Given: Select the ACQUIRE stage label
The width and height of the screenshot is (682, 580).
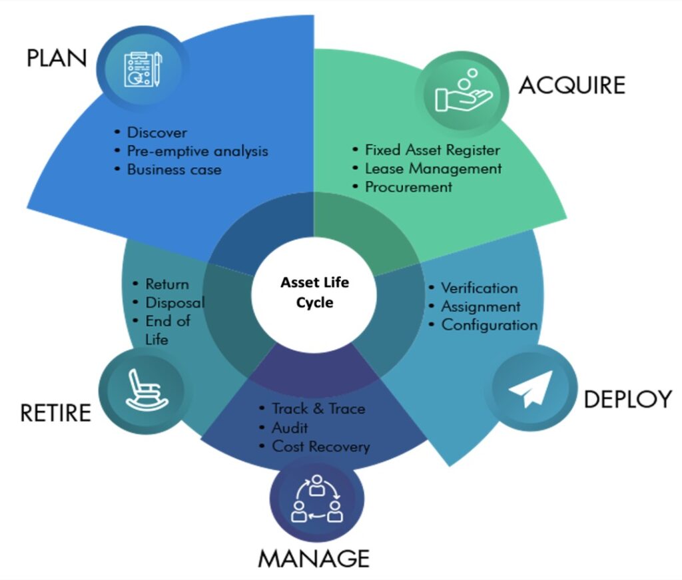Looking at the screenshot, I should (572, 85).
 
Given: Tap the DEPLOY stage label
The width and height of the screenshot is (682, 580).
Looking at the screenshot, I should (627, 399).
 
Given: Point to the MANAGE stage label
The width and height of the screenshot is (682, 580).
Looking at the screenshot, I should (314, 558).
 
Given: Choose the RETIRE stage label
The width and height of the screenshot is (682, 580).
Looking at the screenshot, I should (55, 413).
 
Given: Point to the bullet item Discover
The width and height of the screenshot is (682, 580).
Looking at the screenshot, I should (157, 133).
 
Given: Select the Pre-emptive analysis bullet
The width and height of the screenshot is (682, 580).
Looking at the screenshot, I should (197, 151).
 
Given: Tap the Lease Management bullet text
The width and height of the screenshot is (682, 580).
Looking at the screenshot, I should (433, 168).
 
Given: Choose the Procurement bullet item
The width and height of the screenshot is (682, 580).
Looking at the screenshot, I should (408, 187).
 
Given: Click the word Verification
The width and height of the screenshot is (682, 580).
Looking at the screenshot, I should (480, 288).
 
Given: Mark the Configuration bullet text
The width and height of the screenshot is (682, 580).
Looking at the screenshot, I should (490, 326).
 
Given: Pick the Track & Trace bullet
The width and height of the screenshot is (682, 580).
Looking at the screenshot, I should (318, 408).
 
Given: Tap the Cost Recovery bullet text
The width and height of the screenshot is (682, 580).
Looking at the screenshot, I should (320, 446).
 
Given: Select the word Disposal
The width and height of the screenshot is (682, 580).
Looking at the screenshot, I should (174, 303).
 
